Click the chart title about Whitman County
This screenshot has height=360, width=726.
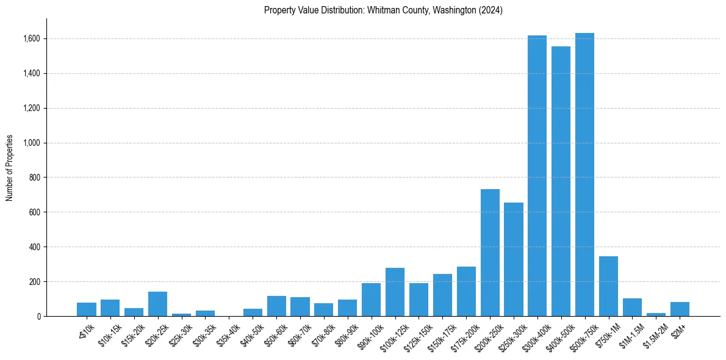[x=383, y=10]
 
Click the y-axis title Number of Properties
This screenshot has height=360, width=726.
[x=10, y=168]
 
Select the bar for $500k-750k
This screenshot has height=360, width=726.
[x=584, y=175]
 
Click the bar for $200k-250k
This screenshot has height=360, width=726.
[x=490, y=253]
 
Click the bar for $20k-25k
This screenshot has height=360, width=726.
[x=157, y=304]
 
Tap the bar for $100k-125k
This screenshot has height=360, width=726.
[x=395, y=292]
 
